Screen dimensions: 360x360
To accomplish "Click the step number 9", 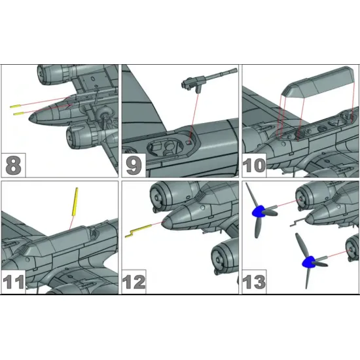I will (134, 164).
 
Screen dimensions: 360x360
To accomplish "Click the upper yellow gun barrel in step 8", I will (17, 105).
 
